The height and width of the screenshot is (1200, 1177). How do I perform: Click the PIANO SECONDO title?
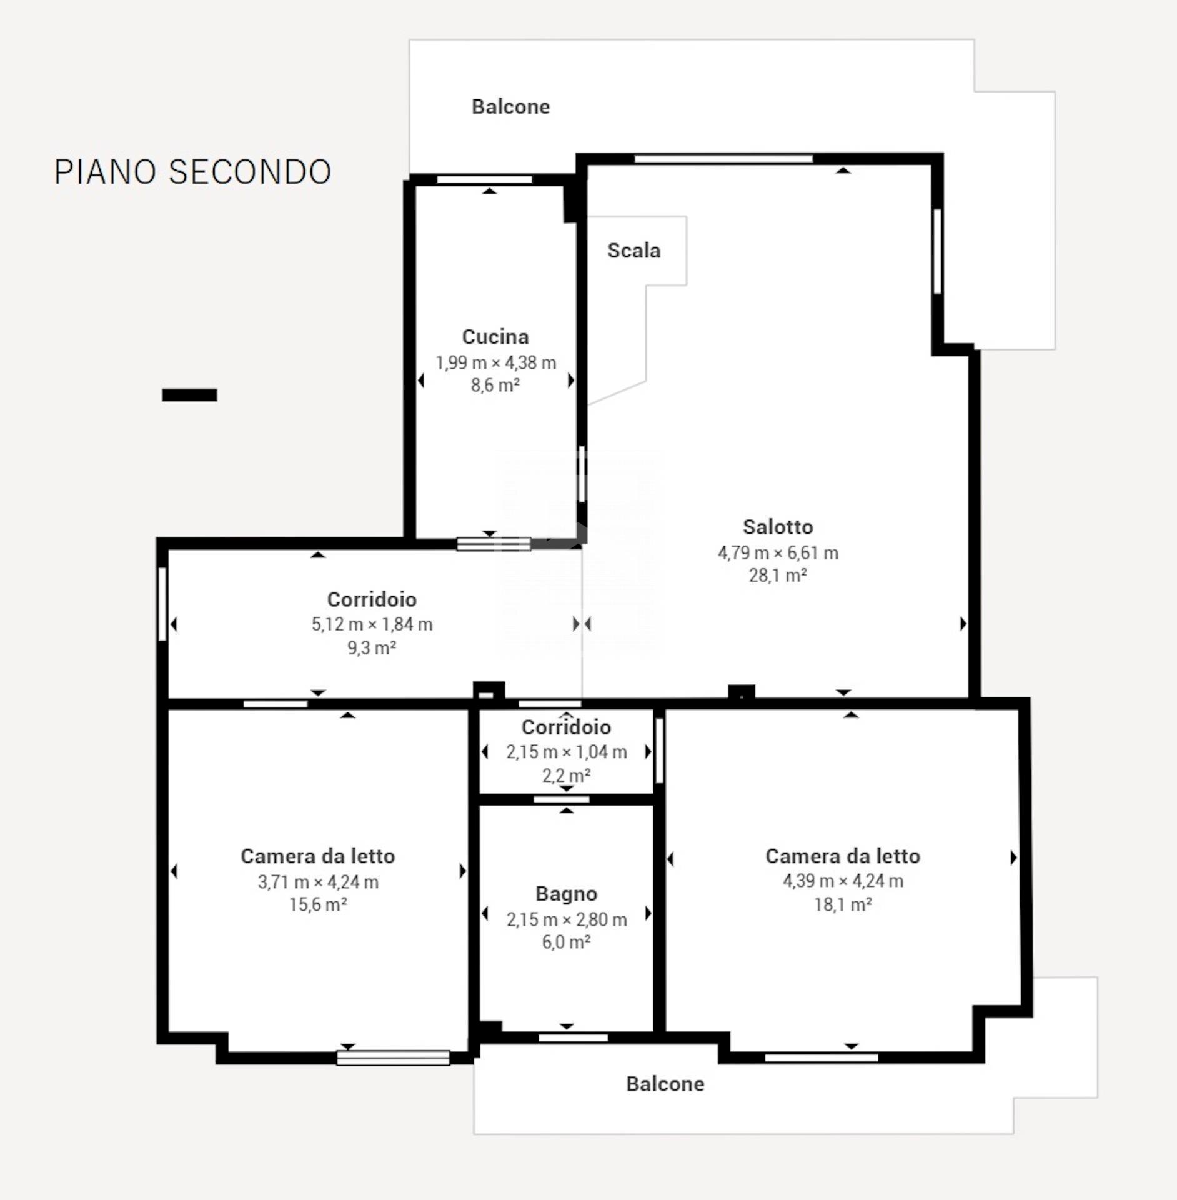[192, 172]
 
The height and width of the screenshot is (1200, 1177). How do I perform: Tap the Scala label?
[633, 251]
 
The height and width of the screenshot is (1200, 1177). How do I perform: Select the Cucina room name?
[495, 337]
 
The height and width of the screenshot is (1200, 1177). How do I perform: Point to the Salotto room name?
[778, 527]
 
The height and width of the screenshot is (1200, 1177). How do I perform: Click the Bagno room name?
[567, 894]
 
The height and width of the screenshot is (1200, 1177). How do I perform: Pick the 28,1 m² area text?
[778, 575]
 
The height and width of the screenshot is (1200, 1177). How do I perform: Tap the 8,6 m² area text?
[495, 385]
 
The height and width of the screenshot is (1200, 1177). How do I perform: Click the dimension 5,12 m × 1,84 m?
[372, 624]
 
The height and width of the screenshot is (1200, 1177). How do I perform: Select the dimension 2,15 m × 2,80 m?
[567, 919]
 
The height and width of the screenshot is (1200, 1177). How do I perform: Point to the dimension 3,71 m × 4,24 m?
[318, 882]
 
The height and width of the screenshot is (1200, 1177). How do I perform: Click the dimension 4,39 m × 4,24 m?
[843, 881]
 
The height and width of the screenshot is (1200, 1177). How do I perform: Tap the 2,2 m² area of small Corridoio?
[567, 776]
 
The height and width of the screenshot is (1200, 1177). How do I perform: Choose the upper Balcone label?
[511, 107]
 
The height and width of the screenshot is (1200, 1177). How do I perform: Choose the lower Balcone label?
[665, 1084]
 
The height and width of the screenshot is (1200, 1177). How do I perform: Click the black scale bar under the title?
[189, 395]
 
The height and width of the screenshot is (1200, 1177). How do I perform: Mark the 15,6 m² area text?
[318, 904]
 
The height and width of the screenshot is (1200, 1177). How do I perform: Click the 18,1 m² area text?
[843, 904]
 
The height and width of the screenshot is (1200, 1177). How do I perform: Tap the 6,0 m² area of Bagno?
[567, 942]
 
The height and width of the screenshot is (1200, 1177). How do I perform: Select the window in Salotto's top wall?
[723, 159]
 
